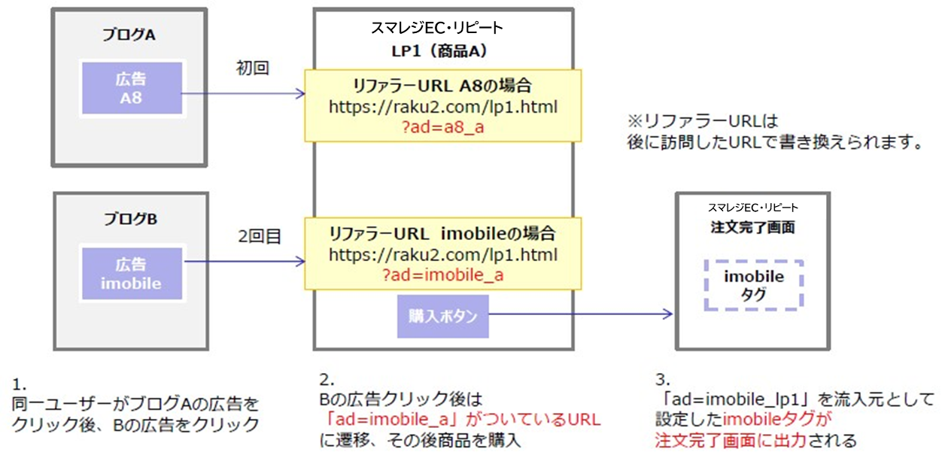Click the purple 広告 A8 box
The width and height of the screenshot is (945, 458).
131,87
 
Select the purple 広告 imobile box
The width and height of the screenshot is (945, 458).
131,274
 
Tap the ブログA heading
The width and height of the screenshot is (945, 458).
132,35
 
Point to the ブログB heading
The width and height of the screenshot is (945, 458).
131,219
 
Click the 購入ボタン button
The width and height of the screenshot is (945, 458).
442,316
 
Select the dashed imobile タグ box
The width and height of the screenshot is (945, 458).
754,285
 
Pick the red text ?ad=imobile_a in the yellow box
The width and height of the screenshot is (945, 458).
442,275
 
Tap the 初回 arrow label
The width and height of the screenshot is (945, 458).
253,68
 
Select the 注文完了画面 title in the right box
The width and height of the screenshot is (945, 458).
753,226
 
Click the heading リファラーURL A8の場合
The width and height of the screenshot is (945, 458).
442,84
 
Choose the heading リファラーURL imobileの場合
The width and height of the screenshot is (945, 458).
442,232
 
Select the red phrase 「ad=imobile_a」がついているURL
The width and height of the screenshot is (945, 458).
460,419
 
